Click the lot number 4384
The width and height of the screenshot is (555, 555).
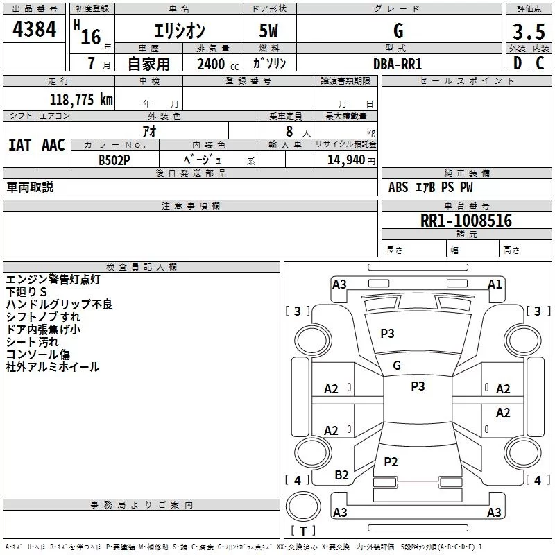34,28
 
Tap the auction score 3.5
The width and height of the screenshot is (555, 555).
529,31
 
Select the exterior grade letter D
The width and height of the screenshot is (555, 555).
518,63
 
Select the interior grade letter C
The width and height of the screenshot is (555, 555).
540,63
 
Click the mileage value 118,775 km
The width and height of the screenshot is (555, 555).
81,100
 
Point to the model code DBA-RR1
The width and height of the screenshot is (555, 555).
398,64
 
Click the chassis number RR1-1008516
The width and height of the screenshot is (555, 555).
466,220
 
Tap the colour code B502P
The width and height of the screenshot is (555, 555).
114,160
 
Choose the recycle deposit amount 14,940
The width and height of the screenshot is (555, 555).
346,160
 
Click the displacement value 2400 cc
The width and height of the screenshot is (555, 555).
218,64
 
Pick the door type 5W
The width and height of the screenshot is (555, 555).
268,31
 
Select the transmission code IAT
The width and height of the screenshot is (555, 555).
19,145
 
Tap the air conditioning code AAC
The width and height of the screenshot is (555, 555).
53,145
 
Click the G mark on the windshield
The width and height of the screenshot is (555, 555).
397,366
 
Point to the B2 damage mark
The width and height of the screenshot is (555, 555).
341,475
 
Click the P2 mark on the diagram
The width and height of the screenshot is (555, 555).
391,462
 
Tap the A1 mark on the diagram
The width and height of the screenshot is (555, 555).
495,284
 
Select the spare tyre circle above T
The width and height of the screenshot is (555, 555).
303,506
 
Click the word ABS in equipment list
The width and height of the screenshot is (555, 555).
398,187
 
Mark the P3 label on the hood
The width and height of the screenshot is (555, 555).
387,334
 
